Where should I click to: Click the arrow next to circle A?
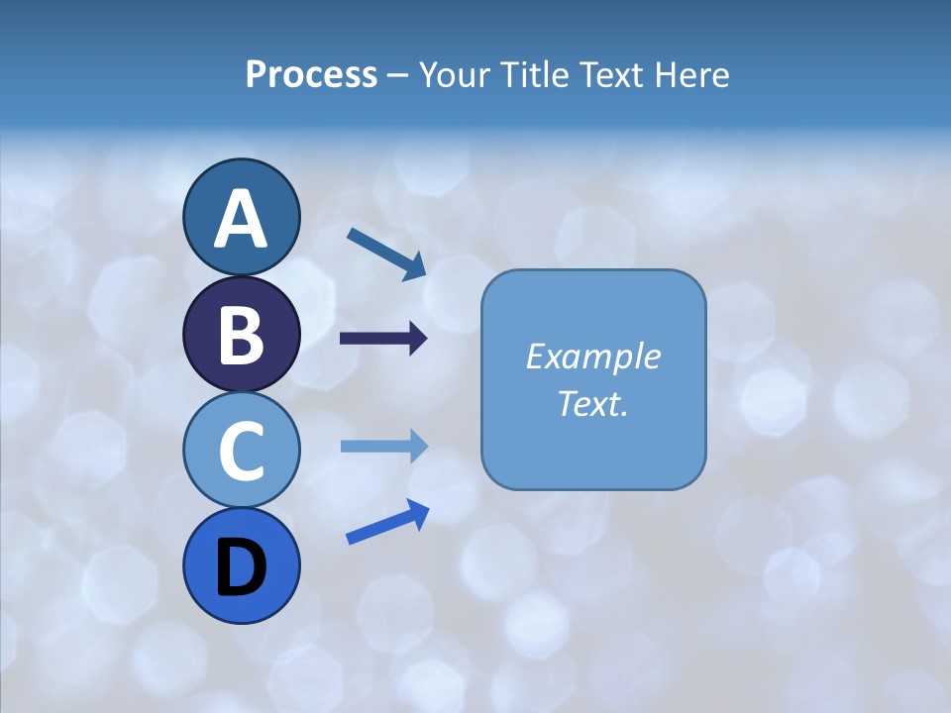[386, 253]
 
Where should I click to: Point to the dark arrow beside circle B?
[383, 340]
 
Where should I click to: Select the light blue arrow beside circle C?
[383, 447]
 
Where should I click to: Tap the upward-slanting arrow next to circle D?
[387, 522]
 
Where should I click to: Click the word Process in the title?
[311, 75]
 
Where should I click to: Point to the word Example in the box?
[593, 357]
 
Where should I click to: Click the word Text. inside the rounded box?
[593, 404]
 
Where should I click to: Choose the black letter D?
[241, 567]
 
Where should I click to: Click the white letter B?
[241, 336]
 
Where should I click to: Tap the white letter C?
[241, 452]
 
